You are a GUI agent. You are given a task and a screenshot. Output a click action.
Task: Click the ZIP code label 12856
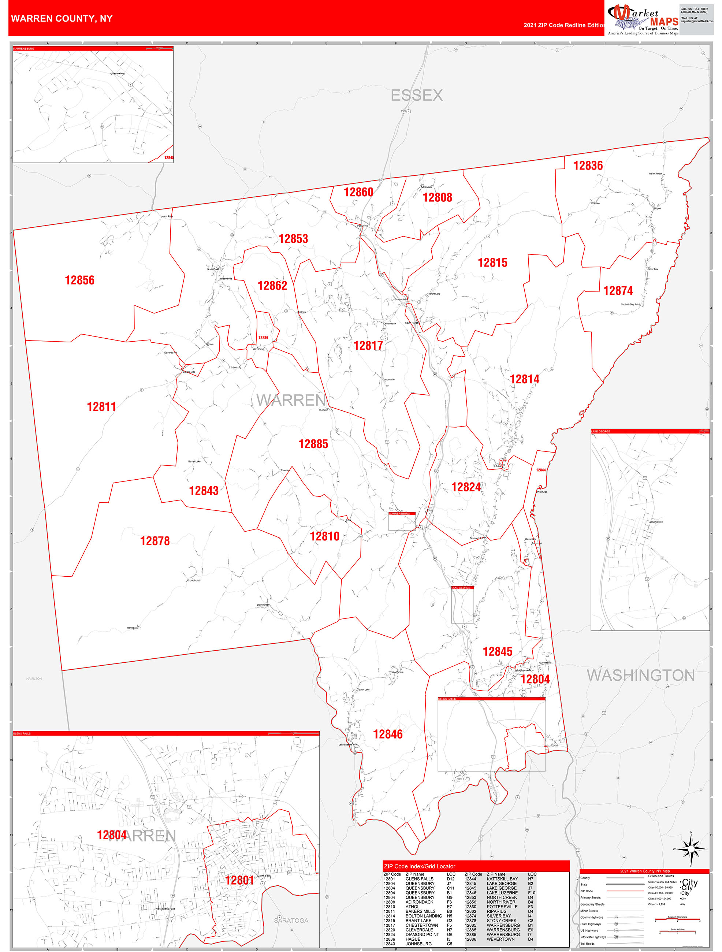click(x=79, y=280)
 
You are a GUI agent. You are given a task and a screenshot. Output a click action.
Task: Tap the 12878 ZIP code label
click(x=155, y=541)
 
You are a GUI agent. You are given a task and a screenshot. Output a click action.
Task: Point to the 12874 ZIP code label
click(x=618, y=291)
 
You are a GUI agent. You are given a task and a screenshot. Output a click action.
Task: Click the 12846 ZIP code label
click(x=388, y=734)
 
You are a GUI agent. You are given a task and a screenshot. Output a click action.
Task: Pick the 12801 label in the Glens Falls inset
click(x=240, y=880)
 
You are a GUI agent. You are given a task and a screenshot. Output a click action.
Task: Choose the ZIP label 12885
click(x=313, y=444)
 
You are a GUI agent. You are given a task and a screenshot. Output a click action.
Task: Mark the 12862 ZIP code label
click(x=272, y=286)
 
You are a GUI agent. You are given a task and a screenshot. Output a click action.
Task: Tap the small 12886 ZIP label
click(x=263, y=338)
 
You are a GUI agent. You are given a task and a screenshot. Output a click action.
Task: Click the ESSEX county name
click(x=417, y=95)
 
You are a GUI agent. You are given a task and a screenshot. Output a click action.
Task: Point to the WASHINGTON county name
click(x=641, y=675)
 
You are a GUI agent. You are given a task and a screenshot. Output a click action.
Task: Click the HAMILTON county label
click(x=34, y=679)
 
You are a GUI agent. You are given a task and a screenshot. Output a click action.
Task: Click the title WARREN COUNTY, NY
click(x=62, y=19)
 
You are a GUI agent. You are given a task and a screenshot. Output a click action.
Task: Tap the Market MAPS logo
click(x=643, y=19)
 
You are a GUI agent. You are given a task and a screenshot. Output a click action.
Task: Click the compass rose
click(x=691, y=849)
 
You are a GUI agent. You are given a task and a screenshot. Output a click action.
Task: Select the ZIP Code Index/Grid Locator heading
click(x=419, y=866)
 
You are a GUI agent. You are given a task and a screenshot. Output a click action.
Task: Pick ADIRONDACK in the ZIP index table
click(x=419, y=902)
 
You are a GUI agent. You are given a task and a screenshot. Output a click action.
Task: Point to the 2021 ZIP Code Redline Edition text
click(x=564, y=25)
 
